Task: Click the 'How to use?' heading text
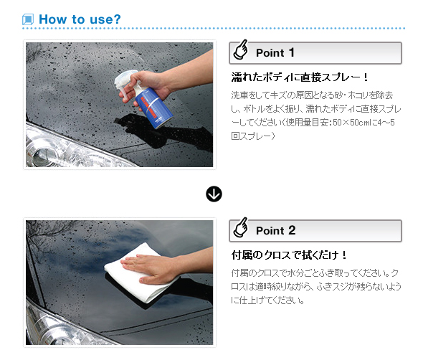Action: tap(80, 19)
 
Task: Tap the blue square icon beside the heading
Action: tap(28, 19)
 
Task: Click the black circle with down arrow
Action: tap(214, 194)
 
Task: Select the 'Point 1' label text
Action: tap(275, 52)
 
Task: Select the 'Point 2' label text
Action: tap(276, 230)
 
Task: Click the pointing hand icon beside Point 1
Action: tap(241, 49)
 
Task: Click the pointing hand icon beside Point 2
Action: tap(241, 227)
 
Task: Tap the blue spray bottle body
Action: tap(153, 108)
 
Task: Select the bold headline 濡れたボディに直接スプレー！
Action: tap(300, 77)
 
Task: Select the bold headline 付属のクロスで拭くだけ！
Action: tap(289, 255)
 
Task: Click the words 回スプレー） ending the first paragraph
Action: tap(253, 136)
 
